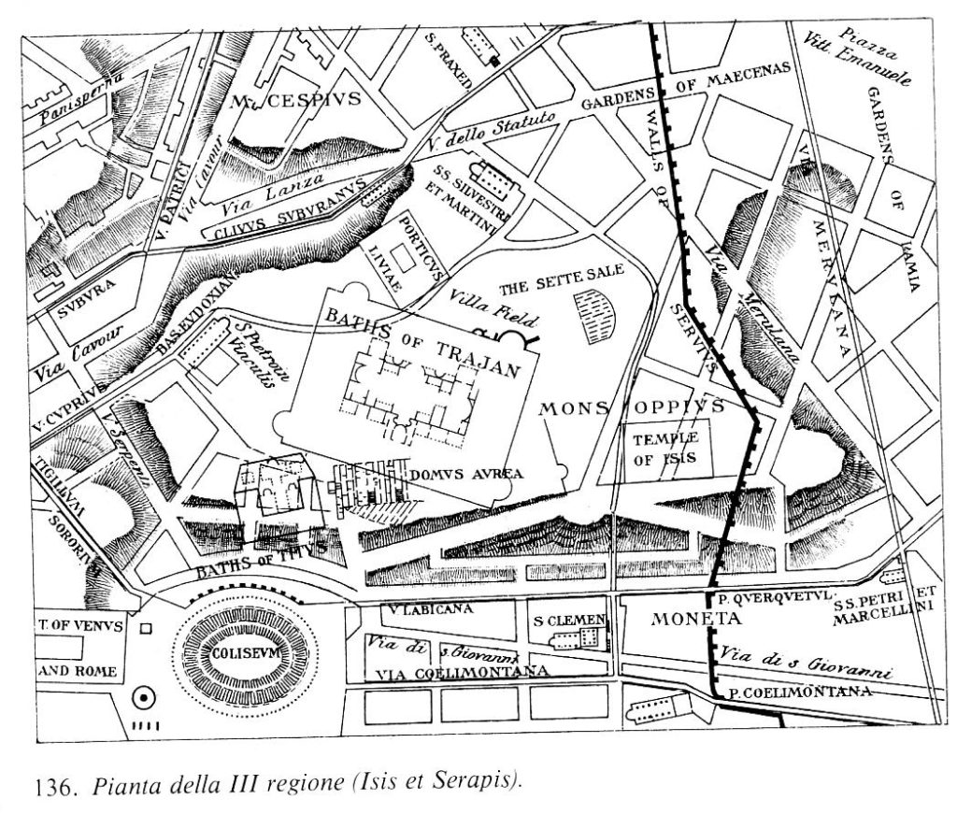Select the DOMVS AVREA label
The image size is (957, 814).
(x=465, y=474)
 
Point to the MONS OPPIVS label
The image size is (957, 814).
(x=632, y=407)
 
